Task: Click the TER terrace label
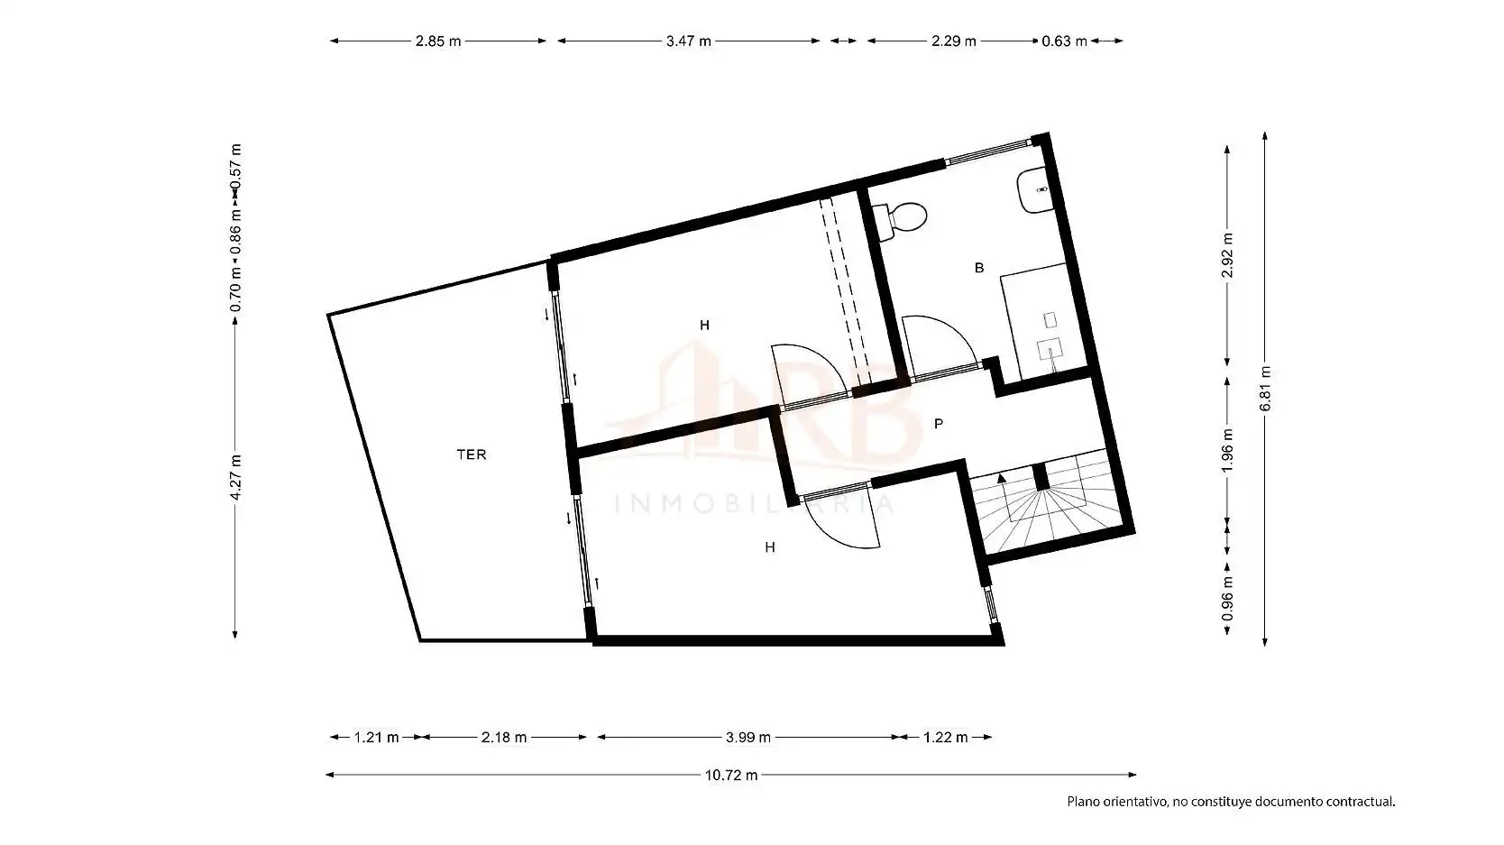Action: tap(472, 455)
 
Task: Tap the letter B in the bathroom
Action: tap(979, 268)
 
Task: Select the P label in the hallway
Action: tap(939, 424)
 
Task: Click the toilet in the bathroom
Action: tap(902, 220)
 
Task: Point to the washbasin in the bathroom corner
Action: tap(1036, 190)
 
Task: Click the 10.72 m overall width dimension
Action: tap(731, 776)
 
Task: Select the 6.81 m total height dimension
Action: tap(1265, 389)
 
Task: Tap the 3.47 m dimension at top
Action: tap(688, 41)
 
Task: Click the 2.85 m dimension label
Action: tap(438, 41)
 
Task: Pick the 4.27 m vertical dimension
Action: tap(235, 477)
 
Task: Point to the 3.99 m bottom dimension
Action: tap(748, 738)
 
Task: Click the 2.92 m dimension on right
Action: tap(1227, 255)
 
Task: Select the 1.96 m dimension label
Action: tap(1227, 450)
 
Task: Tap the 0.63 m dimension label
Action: tap(1064, 41)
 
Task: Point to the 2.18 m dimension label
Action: tap(503, 738)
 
